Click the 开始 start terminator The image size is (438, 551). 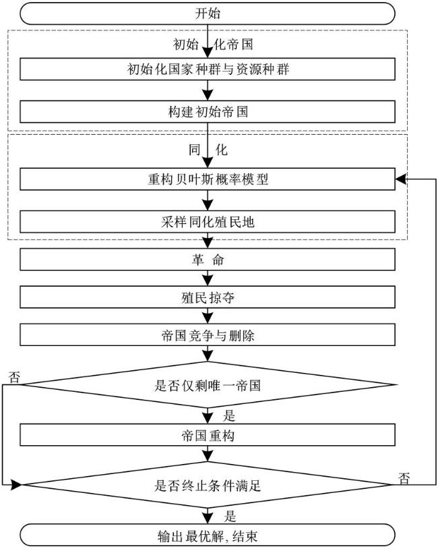tap(208, 13)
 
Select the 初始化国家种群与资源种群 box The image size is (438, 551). tap(208, 69)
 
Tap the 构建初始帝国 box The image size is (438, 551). tap(208, 112)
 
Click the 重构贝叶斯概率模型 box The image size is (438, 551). tap(208, 179)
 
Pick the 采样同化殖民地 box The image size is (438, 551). tap(208, 222)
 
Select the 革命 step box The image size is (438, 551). tap(208, 260)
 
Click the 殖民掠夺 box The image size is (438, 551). tap(208, 297)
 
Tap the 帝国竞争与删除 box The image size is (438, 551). tap(208, 335)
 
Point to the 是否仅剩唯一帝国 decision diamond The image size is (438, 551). tap(208, 385)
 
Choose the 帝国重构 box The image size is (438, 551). tap(208, 435)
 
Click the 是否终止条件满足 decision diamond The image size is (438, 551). tap(208, 485)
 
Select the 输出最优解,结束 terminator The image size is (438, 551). tap(208, 535)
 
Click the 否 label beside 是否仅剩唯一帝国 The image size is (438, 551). tap(14, 378)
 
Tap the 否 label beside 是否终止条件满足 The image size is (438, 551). tap(404, 479)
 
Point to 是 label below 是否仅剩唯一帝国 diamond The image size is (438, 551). tap(229, 416)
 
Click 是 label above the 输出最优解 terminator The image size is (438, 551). tap(230, 517)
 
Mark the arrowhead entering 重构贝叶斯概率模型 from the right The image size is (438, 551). tap(401, 179)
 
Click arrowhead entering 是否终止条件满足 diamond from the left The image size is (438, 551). tap(16, 485)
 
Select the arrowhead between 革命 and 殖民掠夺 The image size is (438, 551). tap(208, 281)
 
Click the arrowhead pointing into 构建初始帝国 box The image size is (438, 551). tap(208, 96)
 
